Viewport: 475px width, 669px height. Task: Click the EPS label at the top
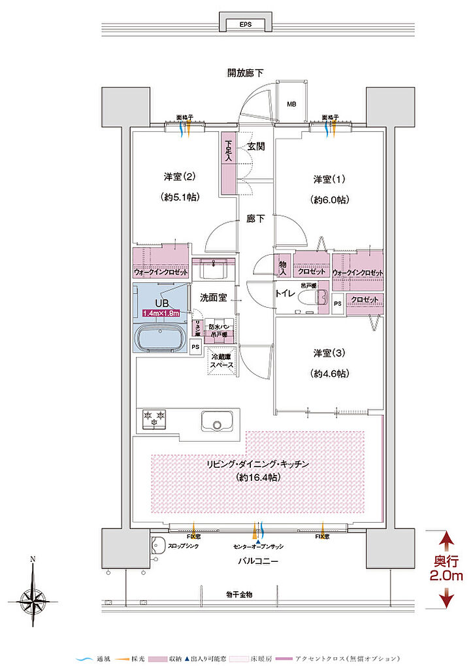(245, 25)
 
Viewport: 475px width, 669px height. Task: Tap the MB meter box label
(291, 104)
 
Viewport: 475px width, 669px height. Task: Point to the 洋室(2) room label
(180, 176)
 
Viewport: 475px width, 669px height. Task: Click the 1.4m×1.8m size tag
(161, 314)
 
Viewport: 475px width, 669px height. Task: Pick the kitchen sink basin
(214, 421)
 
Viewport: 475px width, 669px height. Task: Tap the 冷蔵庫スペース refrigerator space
(222, 361)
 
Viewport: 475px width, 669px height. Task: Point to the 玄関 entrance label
(255, 147)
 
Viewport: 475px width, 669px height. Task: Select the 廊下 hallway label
(255, 219)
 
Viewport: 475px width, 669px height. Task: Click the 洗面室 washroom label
(213, 297)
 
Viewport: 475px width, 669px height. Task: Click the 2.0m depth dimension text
(446, 576)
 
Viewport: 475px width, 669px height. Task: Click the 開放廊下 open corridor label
(244, 73)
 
